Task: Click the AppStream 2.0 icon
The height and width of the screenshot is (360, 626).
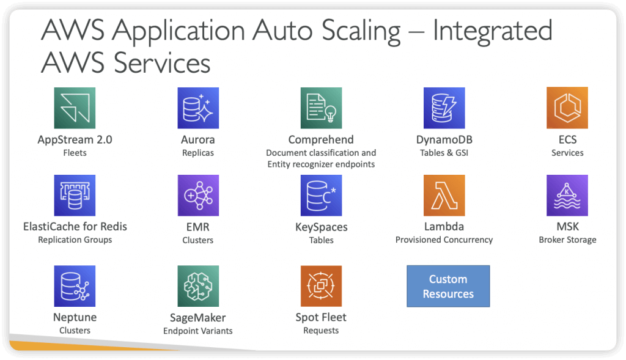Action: [x=75, y=108]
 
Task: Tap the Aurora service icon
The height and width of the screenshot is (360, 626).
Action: [x=198, y=108]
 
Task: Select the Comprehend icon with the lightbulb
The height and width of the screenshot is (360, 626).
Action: [x=321, y=108]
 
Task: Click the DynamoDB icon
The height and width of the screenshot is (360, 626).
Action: [x=444, y=108]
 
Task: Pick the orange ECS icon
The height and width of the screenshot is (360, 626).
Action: [x=567, y=108]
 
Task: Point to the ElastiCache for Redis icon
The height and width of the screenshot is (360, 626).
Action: [x=75, y=195]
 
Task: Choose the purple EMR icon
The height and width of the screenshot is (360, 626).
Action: [x=198, y=195]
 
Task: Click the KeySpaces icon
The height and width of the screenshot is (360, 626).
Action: [x=321, y=195]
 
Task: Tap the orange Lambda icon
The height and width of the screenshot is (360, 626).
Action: [x=444, y=195]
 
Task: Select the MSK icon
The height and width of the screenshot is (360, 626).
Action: [x=567, y=195]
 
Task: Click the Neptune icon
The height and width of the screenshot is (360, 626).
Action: [x=75, y=286]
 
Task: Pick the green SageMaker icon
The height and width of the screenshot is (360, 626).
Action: [x=198, y=286]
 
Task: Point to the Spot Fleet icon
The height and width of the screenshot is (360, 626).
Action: [x=321, y=286]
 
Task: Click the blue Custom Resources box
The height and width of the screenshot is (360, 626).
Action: [x=448, y=286]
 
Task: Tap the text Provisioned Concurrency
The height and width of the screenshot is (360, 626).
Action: [x=444, y=240]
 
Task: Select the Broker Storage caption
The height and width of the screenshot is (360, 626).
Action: [x=567, y=240]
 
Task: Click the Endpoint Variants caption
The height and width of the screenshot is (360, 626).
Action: [x=198, y=331]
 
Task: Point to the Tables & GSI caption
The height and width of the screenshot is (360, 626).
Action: [x=444, y=152]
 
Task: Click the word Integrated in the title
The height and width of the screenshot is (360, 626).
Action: [x=493, y=31]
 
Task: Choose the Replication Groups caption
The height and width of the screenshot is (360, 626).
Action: [x=75, y=240]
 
